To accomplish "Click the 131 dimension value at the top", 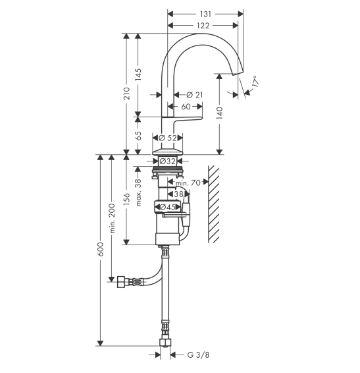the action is (x=205, y=14).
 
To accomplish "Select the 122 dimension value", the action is (x=203, y=26).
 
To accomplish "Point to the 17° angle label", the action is (x=254, y=82).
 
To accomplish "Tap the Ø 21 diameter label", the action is (x=195, y=95).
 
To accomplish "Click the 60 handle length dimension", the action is (x=186, y=107).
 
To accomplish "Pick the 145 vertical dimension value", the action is (x=138, y=74).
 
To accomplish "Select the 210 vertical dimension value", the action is (x=127, y=94).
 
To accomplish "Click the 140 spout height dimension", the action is (x=220, y=113).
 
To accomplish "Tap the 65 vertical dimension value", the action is (x=138, y=136).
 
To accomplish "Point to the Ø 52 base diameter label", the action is (x=168, y=138).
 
